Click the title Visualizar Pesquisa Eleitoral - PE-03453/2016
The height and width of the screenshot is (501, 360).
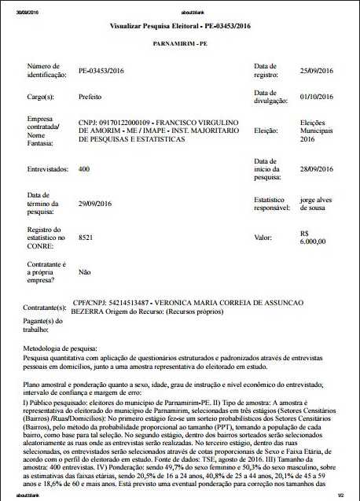(180, 27)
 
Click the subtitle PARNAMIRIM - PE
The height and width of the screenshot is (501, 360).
(180, 44)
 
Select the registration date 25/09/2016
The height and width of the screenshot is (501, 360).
(319, 71)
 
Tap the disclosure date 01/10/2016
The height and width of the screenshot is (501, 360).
(319, 97)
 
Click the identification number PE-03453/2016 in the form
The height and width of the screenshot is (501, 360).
(101, 71)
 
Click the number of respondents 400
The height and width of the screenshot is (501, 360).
(84, 168)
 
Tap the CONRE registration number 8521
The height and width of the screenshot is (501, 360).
(86, 235)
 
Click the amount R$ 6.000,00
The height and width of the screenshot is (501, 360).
(314, 238)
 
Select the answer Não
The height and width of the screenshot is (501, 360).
(85, 271)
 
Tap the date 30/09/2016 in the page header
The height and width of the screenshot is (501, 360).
(16, 6)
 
